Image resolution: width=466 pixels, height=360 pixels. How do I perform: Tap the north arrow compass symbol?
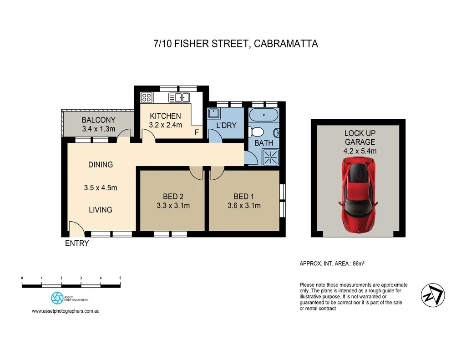[432, 294]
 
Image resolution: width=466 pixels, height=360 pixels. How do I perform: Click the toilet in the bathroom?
[257, 132]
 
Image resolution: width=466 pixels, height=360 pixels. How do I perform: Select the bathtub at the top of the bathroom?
[263, 115]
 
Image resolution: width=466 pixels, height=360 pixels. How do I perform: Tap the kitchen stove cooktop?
[147, 97]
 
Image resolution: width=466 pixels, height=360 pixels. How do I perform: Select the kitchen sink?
[179, 97]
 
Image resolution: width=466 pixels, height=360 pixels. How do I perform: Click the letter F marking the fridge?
[197, 132]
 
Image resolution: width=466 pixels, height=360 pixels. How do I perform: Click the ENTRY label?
[77, 243]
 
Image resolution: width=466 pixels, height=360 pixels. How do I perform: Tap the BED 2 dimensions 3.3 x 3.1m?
[170, 206]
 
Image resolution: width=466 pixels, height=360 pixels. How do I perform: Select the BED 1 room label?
[244, 197]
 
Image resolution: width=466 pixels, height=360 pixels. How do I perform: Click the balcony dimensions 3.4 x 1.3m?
[99, 129]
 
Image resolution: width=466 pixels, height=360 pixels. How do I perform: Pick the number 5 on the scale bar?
[120, 278]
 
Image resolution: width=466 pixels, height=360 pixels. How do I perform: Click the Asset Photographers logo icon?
[57, 298]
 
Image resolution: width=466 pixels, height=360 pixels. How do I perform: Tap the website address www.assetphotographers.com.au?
[66, 311]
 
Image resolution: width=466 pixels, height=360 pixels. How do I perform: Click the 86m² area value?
[362, 264]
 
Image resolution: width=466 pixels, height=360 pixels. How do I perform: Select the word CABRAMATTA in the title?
[286, 44]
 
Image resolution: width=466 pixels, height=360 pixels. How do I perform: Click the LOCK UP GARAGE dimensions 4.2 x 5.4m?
[360, 151]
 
